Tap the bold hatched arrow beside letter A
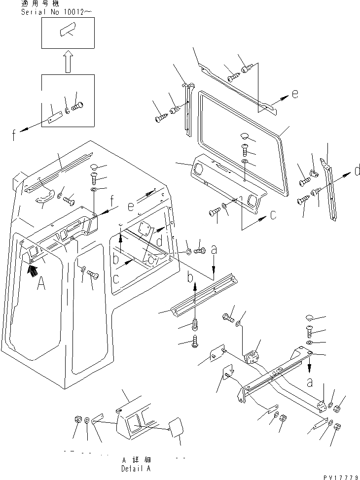pyautogui.click(x=33, y=269)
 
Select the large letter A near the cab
pyautogui.click(x=42, y=284)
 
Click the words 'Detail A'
pyautogui.click(x=136, y=469)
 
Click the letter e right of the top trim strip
pyautogui.click(x=294, y=94)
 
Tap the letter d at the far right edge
pyautogui.click(x=357, y=171)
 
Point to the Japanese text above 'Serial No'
pyautogui.click(x=36, y=3)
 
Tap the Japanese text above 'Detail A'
pyautogui.click(x=136, y=459)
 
